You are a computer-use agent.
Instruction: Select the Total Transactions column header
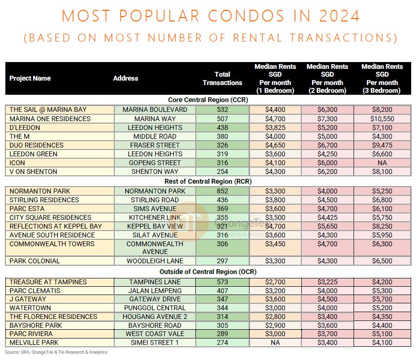click(222, 79)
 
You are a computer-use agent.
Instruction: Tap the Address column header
click(125, 78)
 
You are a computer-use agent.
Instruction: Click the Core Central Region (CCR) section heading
click(208, 100)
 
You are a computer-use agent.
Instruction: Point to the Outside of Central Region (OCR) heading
click(208, 272)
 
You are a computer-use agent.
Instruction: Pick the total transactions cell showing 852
click(222, 191)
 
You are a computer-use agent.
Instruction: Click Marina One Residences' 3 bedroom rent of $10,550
click(382, 119)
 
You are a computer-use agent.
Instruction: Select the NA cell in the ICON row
click(382, 163)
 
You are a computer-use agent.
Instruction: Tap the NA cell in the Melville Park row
click(275, 342)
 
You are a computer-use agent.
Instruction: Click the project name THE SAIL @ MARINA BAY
click(48, 109)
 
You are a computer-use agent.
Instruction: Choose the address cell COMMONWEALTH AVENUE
click(155, 248)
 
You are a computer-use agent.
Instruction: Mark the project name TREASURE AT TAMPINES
click(48, 282)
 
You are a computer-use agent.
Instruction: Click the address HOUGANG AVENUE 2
click(155, 317)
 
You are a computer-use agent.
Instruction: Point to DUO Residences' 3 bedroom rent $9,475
click(382, 145)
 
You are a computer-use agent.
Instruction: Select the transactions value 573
click(222, 282)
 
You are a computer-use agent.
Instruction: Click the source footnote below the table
click(56, 352)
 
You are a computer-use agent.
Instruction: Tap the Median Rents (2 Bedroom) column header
click(327, 79)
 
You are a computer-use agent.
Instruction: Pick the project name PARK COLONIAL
click(35, 261)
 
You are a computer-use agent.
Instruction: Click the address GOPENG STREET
click(155, 163)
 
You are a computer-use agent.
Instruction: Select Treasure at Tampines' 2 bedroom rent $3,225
click(327, 282)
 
